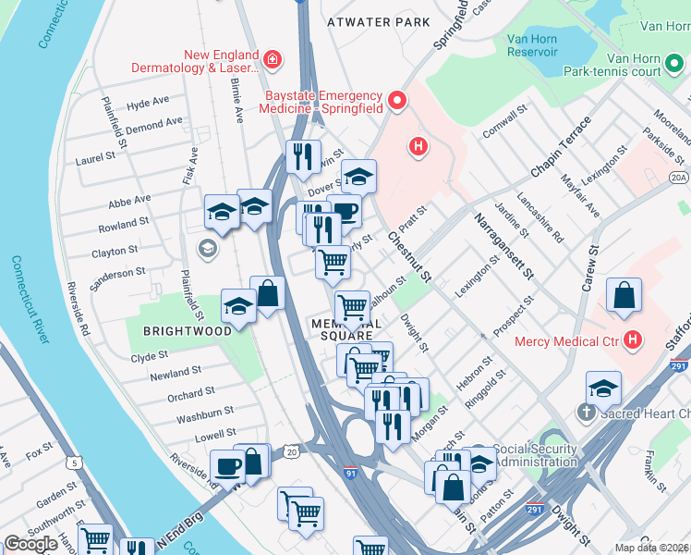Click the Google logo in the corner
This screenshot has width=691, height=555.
point(30,544)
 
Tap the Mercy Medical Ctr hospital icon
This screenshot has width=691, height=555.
point(633,340)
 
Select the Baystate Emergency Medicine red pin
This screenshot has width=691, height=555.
point(398,101)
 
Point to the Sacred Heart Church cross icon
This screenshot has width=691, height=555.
point(585,411)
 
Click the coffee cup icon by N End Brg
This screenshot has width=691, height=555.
point(226,466)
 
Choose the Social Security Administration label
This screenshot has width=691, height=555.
point(536,454)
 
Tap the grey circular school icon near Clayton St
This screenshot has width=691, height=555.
point(208,248)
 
